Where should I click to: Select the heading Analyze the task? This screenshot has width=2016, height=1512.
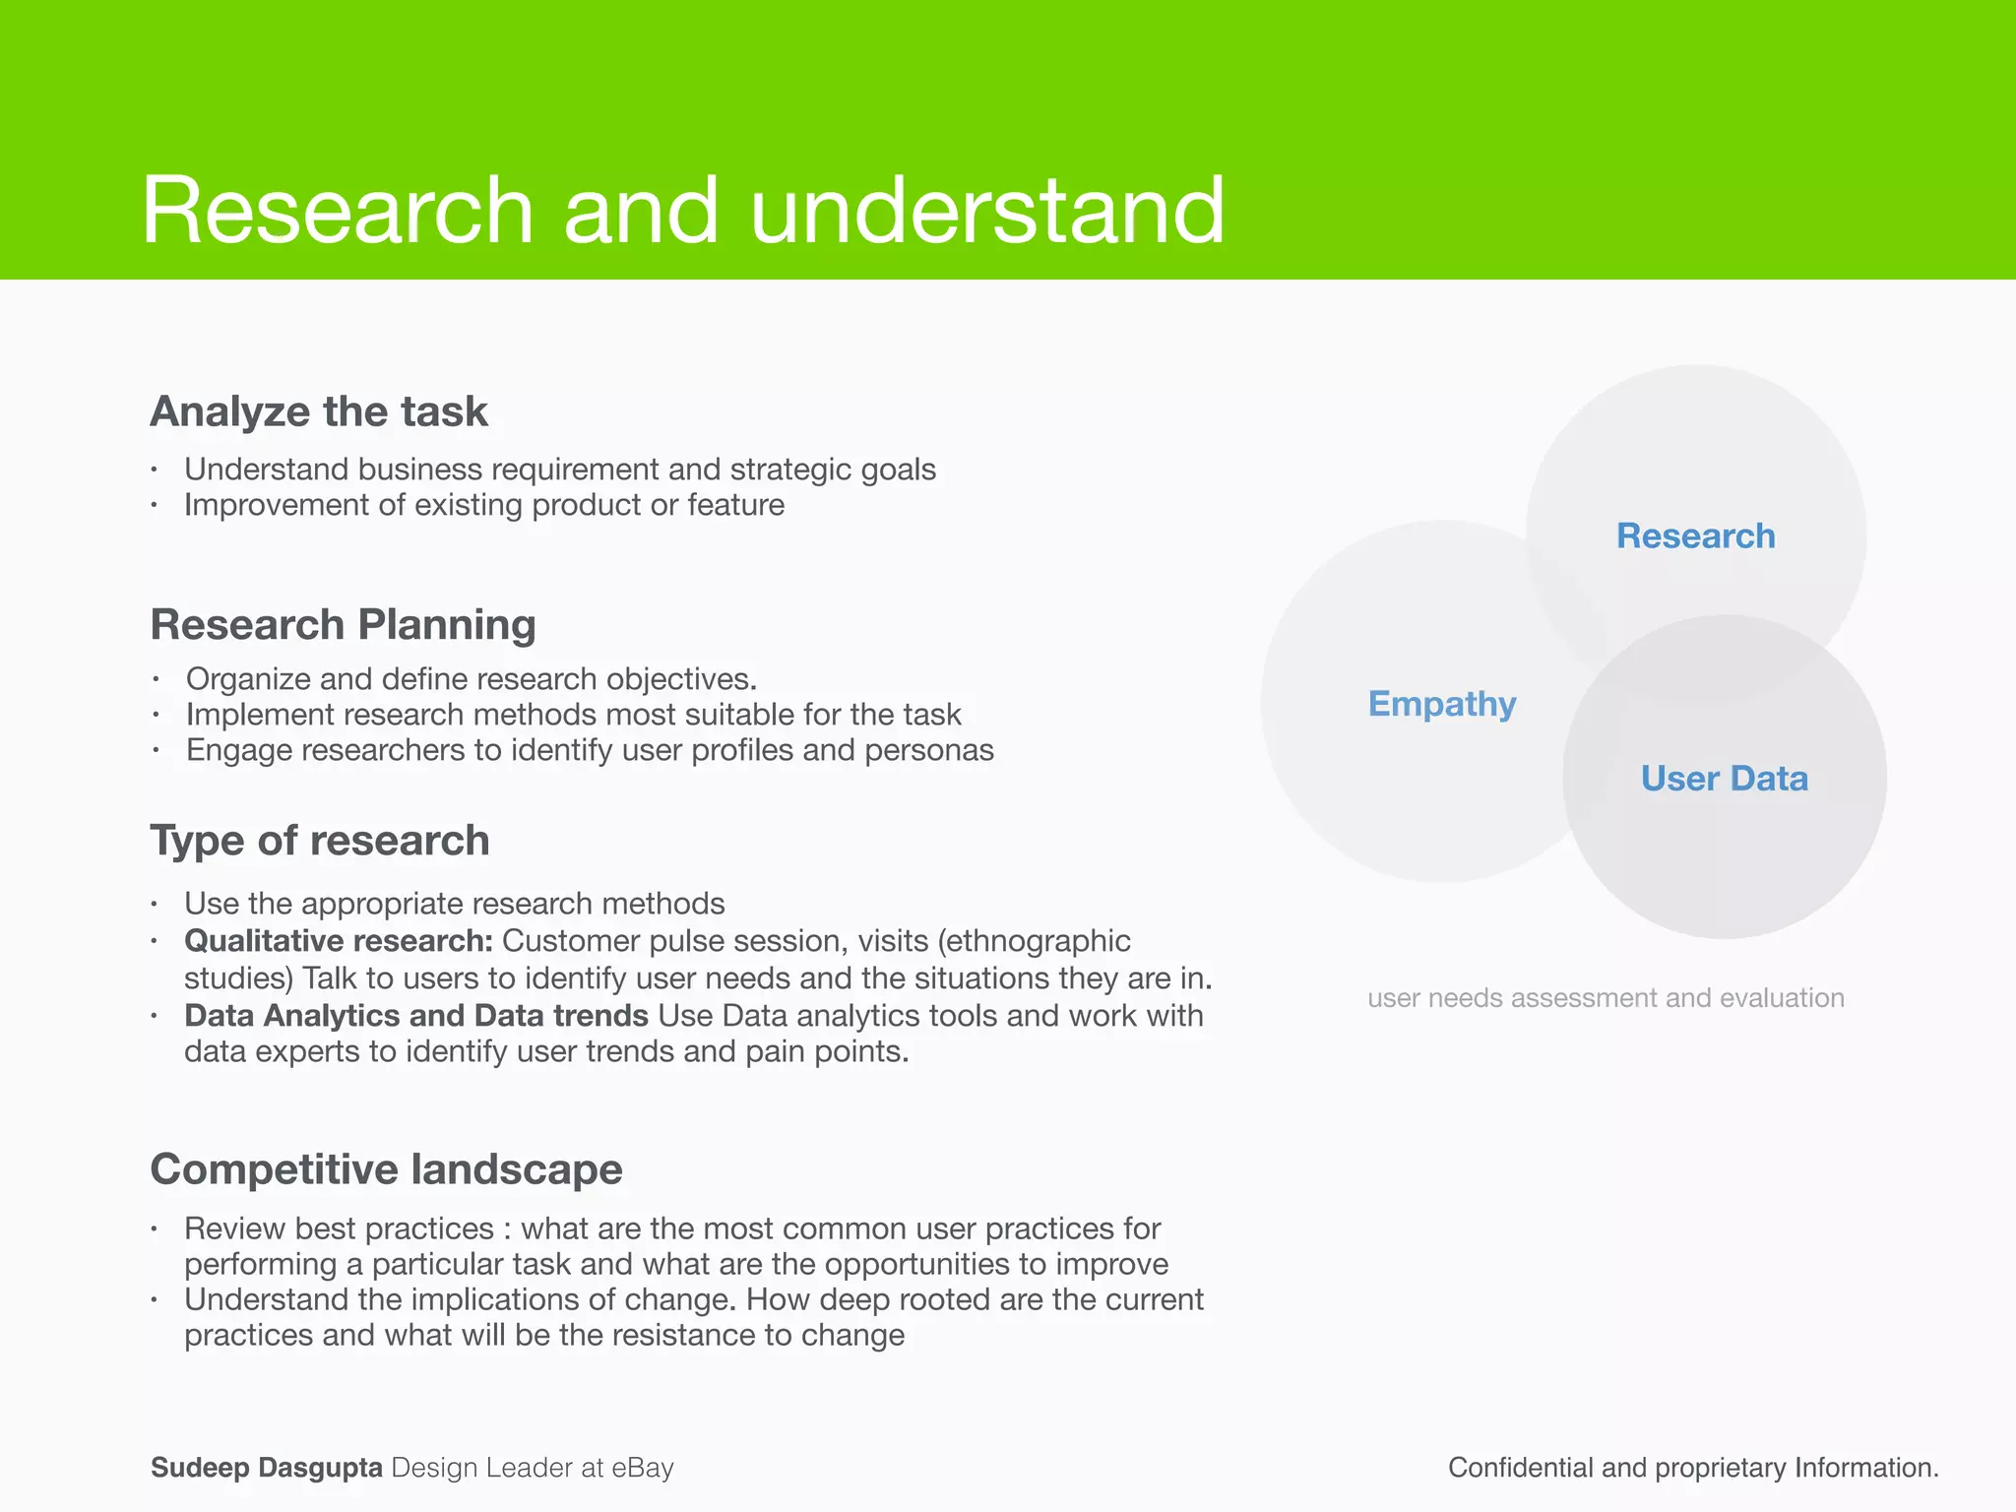tap(318, 411)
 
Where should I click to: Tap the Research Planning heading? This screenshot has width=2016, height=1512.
tap(343, 625)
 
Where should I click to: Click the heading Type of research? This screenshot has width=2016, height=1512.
tap(319, 841)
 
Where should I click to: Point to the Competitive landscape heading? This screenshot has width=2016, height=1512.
tap(386, 1169)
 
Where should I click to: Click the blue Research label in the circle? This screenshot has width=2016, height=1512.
tap(1695, 536)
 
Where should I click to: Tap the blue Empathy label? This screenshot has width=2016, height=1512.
tap(1441, 704)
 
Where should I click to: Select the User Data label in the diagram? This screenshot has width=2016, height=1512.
tap(1724, 779)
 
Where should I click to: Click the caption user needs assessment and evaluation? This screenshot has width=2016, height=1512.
tap(1605, 998)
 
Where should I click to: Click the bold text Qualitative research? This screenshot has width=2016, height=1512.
tap(338, 941)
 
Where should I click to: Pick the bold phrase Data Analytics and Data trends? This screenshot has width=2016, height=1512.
tap(415, 1016)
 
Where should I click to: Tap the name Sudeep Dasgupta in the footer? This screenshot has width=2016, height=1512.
tap(266, 1468)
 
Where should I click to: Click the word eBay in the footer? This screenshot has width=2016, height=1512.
tap(642, 1468)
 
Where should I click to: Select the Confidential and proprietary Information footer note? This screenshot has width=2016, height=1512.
tap(1692, 1468)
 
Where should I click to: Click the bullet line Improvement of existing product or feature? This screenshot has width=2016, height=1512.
tap(484, 505)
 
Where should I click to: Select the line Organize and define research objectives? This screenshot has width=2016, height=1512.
tap(471, 679)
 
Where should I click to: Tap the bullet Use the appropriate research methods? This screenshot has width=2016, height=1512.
tap(454, 904)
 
